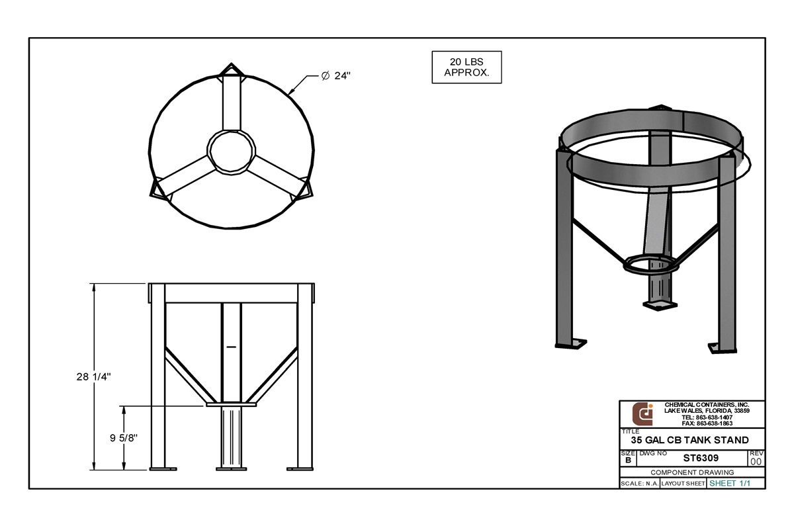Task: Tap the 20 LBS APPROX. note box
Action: pos(466,67)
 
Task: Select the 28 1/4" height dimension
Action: pos(92,376)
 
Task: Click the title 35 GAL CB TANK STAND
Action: pos(689,440)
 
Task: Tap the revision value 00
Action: pos(756,461)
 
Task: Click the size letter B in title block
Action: pos(627,460)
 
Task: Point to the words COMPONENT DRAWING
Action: pos(692,472)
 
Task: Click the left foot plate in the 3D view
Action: pos(571,343)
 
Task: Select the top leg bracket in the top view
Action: pos(232,71)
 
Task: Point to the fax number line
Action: pos(707,423)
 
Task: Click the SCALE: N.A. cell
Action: pos(638,484)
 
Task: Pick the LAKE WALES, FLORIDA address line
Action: pos(707,411)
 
